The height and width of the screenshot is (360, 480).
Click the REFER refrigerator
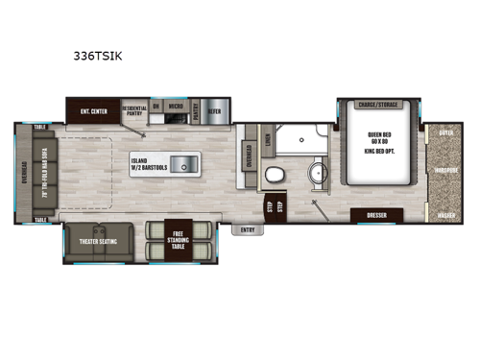[215, 110]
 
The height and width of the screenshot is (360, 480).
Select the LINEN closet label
[267, 141]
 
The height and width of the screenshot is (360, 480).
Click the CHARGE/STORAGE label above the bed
[377, 105]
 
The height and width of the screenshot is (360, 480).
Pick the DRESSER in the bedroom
[376, 215]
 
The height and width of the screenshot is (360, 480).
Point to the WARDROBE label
[444, 173]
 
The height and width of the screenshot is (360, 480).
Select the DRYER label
[444, 134]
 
